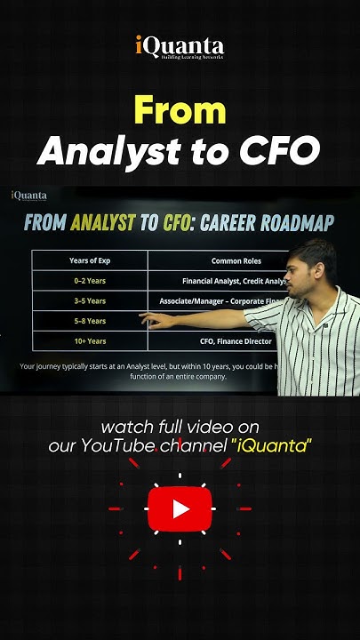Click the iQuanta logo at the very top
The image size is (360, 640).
180,47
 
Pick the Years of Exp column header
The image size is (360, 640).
89,260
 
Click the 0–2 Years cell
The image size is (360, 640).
89,280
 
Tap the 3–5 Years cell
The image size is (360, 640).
89,300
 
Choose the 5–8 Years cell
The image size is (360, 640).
89,321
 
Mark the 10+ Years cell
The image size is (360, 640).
89,340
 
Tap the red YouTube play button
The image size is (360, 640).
180,508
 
